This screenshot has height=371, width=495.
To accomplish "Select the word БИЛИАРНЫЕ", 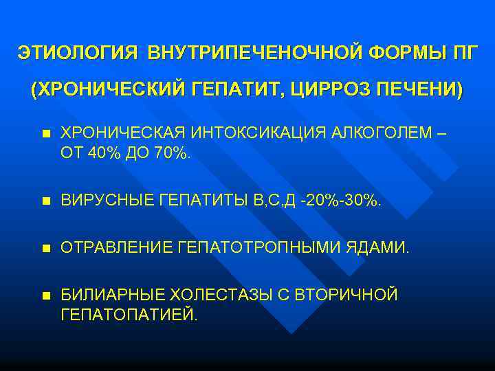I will click(109, 295).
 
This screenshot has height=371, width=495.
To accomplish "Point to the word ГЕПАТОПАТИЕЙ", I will click(129, 315).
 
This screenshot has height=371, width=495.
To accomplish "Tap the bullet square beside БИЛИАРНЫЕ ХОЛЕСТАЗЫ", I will click(45, 295).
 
